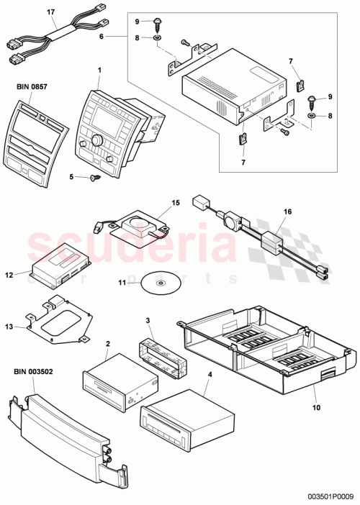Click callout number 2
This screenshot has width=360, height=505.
pos(107,345)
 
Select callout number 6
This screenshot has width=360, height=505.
pos(102,35)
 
